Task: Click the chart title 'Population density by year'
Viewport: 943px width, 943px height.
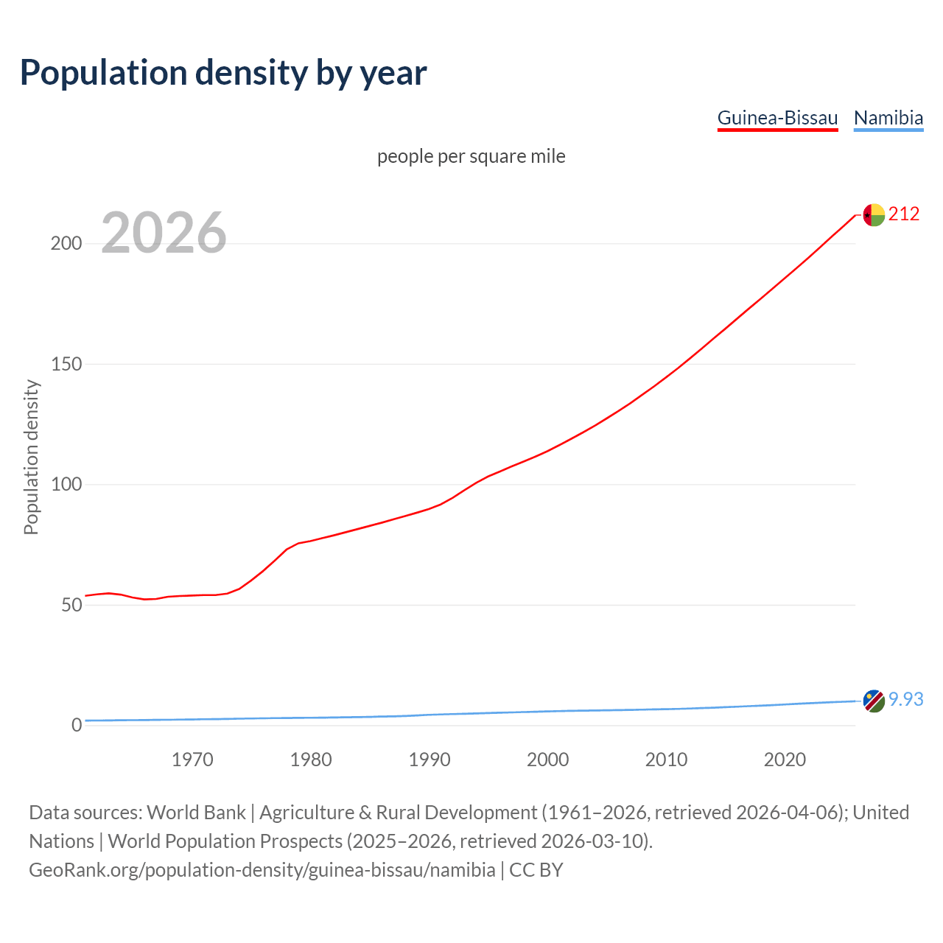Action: [223, 72]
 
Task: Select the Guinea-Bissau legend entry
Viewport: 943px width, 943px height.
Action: [777, 118]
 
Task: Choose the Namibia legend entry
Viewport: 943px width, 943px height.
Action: [888, 118]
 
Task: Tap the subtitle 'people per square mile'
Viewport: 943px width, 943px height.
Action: [471, 156]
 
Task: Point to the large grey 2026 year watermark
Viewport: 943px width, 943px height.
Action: [164, 233]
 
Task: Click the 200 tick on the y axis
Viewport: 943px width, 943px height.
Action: [66, 244]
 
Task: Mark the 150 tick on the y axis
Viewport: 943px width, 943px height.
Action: [66, 364]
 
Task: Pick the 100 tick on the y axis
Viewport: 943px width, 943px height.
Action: [66, 485]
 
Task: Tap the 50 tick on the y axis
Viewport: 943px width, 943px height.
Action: [71, 605]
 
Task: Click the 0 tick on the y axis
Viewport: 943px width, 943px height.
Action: [77, 725]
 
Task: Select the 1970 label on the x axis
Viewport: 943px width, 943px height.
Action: [192, 760]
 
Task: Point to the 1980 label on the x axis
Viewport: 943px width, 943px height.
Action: [311, 760]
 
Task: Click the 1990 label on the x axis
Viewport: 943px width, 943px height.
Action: [430, 760]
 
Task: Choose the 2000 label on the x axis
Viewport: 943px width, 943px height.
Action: [547, 760]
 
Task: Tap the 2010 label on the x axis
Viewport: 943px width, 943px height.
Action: [666, 760]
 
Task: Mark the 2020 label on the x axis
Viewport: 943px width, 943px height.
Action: [785, 760]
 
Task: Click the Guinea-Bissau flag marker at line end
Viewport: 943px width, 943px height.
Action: [874, 215]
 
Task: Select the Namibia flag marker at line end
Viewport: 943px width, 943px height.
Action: [874, 701]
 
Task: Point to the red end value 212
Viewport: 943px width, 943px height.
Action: [904, 214]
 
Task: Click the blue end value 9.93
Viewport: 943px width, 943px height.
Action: [906, 699]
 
